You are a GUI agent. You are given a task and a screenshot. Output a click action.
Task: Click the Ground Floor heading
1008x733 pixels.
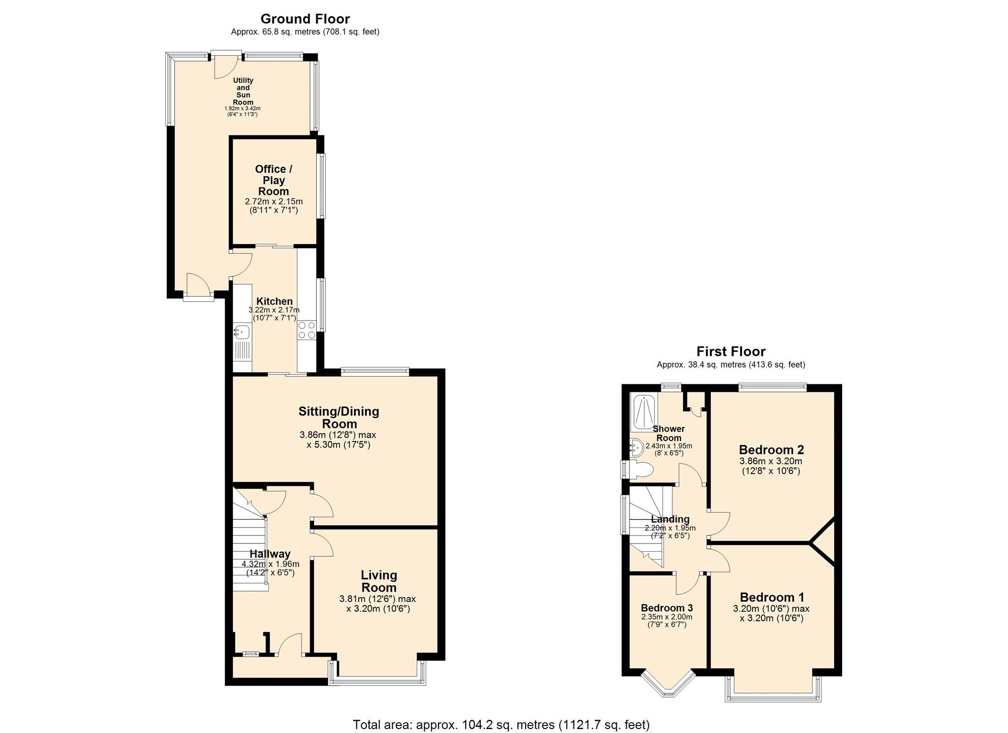305,19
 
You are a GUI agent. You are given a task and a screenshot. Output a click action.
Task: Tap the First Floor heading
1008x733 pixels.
730,351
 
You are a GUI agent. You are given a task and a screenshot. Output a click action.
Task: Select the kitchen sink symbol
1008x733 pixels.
242,332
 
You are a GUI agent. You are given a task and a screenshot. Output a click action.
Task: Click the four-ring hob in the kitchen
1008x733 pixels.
307,330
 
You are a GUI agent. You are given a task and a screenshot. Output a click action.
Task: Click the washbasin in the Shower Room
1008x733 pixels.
636,447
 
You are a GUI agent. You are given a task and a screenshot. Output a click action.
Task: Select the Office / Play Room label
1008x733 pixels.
274,180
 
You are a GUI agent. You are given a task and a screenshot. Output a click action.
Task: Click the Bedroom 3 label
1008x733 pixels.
666,608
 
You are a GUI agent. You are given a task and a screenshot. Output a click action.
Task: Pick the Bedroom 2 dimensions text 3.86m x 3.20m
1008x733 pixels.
771,461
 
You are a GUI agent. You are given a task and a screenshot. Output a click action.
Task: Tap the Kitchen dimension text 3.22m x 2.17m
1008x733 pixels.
274,310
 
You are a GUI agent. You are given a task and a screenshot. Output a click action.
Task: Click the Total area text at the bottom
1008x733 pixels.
501,725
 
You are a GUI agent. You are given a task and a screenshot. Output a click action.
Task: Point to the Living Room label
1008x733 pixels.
378,581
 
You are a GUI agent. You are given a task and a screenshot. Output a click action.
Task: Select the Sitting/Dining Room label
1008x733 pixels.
339,417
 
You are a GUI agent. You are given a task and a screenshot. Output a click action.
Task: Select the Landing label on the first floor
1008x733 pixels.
670,519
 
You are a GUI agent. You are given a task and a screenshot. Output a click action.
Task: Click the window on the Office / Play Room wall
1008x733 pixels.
321,186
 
